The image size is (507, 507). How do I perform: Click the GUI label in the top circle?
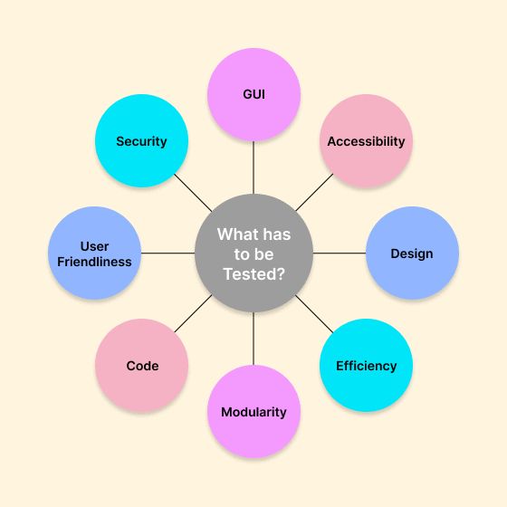(x=253, y=94)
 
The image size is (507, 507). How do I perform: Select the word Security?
(x=141, y=141)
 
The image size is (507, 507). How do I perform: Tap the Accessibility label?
(x=366, y=141)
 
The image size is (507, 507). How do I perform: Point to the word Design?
(x=412, y=253)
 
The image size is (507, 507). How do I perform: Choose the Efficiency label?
(x=366, y=366)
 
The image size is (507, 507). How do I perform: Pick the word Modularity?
(x=253, y=412)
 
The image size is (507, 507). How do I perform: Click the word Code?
(x=142, y=366)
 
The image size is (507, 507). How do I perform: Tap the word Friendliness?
(x=94, y=262)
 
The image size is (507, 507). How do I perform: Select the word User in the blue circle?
(x=94, y=246)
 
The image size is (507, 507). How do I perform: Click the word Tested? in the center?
(x=253, y=274)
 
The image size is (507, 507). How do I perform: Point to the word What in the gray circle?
(x=236, y=234)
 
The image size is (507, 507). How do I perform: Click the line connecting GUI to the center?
(x=253, y=167)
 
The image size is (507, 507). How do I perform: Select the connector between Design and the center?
(x=340, y=253)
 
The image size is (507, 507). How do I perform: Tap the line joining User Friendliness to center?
(x=167, y=253)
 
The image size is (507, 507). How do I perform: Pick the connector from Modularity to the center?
(x=253, y=339)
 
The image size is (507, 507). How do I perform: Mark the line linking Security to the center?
(x=193, y=193)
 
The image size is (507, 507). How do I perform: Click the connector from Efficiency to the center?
(x=314, y=314)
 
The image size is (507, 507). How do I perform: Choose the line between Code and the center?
(x=193, y=313)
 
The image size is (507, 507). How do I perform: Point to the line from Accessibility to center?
(x=314, y=192)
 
